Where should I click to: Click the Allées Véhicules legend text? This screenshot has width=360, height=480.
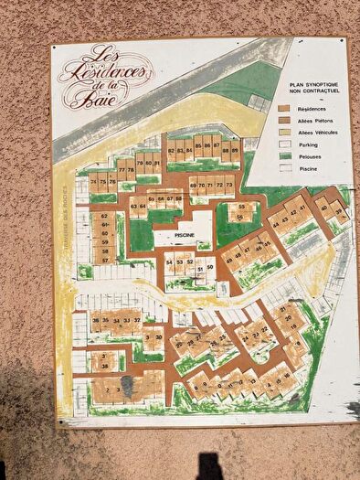(x=312, y=132)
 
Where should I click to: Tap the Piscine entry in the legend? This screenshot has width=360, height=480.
(x=302, y=168)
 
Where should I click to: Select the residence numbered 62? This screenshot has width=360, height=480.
(x=105, y=216)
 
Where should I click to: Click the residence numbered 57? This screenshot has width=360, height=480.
(x=105, y=261)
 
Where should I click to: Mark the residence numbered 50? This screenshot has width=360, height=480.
(x=210, y=267)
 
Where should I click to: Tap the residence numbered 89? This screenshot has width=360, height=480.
(x=235, y=149)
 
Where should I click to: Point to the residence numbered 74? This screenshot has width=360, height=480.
(x=94, y=182)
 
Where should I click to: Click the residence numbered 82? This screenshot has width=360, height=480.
(x=171, y=150)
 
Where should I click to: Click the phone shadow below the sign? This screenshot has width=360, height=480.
(x=209, y=465)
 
